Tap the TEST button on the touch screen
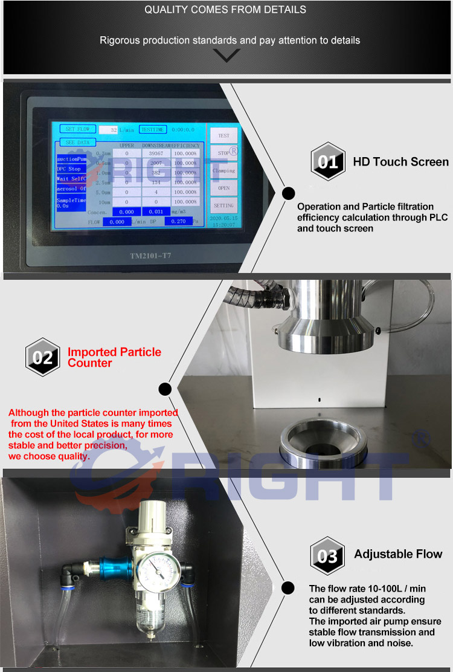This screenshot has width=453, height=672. [x=223, y=136]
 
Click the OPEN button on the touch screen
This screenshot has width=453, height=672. [x=223, y=188]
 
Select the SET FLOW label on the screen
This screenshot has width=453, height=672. [x=77, y=129]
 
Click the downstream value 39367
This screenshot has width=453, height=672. [x=156, y=153]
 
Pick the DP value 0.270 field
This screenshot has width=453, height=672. [x=179, y=221]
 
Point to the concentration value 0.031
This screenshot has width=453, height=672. [x=156, y=212]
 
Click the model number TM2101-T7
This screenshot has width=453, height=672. [x=151, y=256]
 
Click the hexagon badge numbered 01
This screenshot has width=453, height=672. [x=327, y=162]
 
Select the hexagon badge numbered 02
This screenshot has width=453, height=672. [x=42, y=357]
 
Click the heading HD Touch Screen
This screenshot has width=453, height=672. [x=400, y=162]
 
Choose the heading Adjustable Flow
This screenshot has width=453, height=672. [x=398, y=554]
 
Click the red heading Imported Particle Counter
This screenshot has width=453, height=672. [x=114, y=357]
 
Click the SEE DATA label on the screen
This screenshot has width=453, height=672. [x=77, y=142]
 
